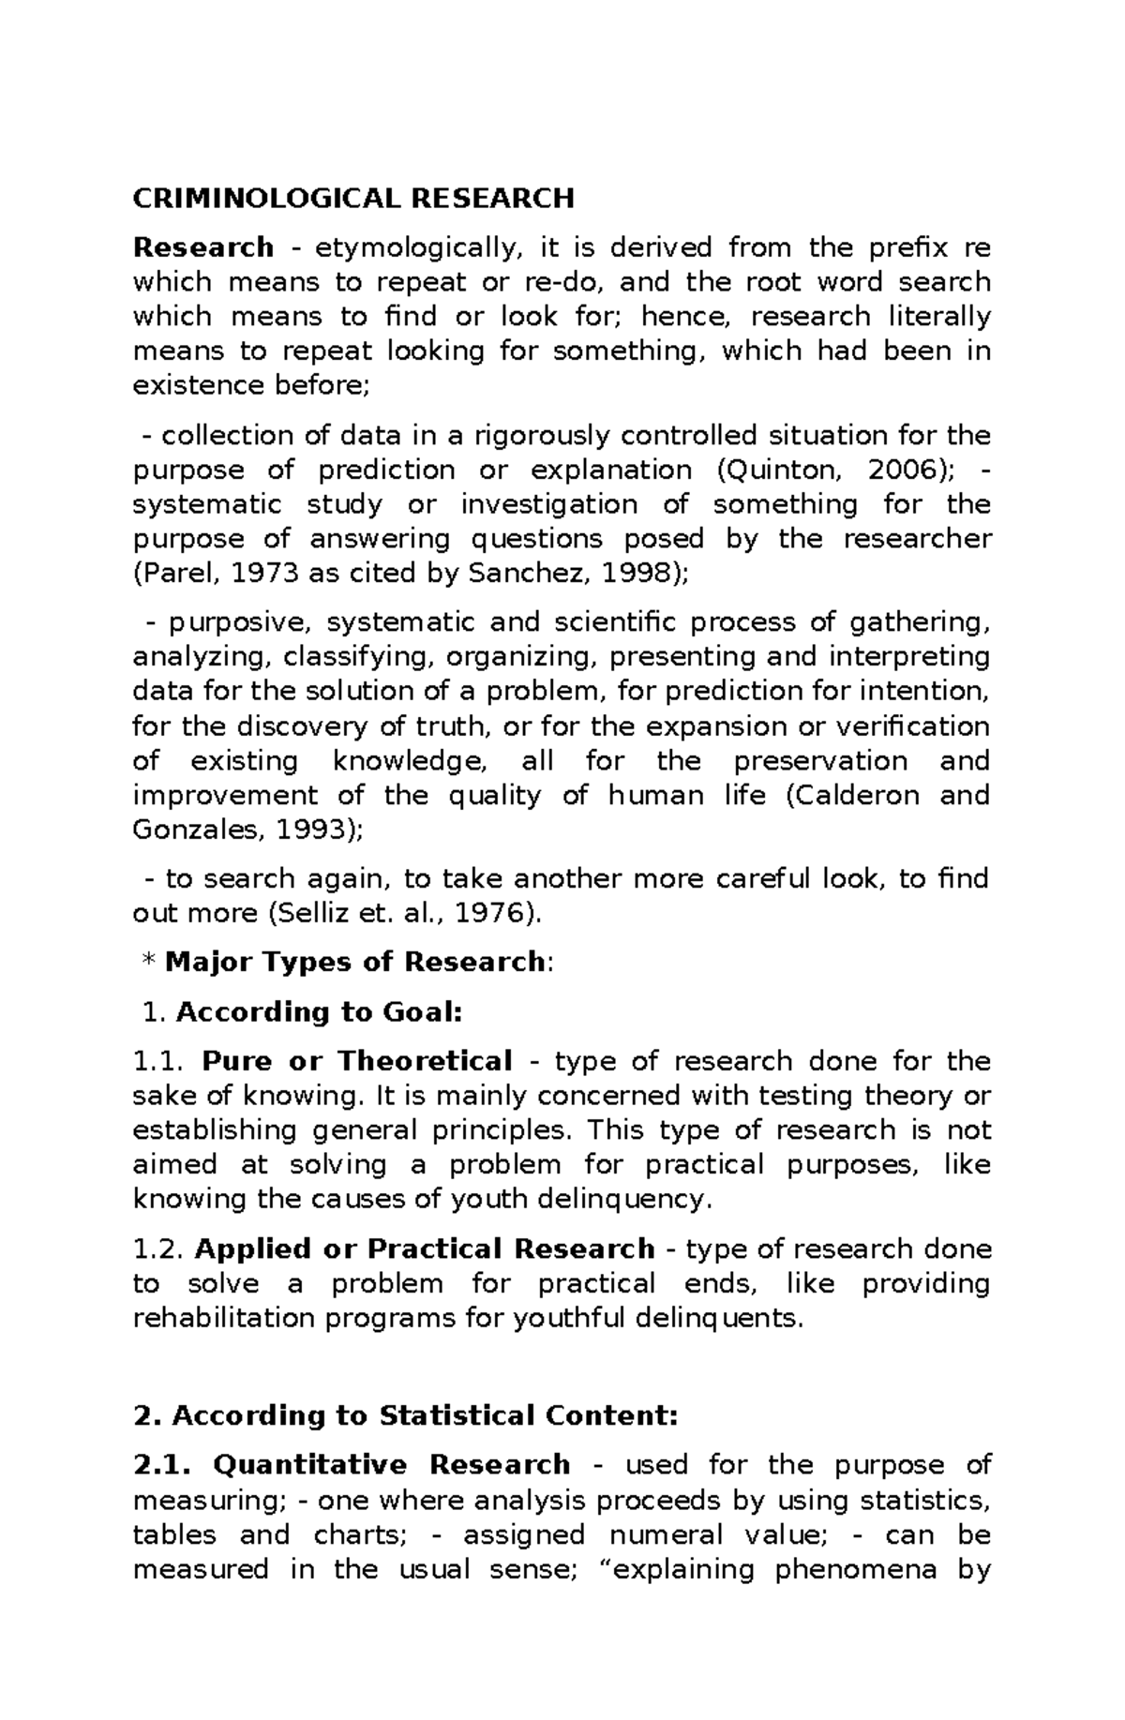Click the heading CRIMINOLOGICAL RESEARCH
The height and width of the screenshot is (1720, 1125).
point(353,199)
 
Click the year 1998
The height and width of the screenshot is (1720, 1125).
point(635,574)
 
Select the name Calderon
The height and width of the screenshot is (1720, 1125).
point(861,796)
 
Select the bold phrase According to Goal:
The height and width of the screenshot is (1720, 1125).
point(319,1012)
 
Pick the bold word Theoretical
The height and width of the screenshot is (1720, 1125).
point(424,1062)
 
